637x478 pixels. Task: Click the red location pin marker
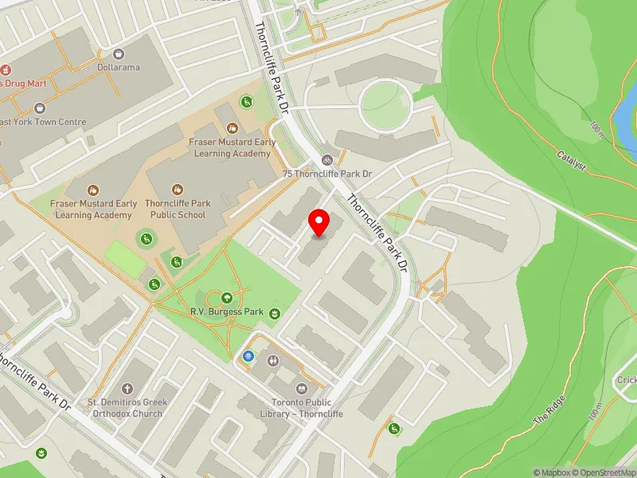[x=319, y=222]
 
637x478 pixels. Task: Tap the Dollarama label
[x=119, y=67]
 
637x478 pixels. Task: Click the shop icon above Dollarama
[x=119, y=53]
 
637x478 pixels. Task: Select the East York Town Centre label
[x=44, y=122]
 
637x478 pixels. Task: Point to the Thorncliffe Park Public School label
[x=175, y=209]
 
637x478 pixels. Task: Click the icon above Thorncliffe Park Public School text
[x=177, y=190]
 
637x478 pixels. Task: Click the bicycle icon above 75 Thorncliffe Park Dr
[x=327, y=159]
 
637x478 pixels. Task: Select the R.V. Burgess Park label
[x=226, y=311]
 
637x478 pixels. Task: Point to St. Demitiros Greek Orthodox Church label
[x=127, y=408]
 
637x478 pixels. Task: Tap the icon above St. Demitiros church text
[x=127, y=387]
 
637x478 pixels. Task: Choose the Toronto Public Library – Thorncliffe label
[x=301, y=409]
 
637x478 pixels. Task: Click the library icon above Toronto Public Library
[x=301, y=389]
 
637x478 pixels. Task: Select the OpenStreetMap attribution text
[x=606, y=472]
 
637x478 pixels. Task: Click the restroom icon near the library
[x=273, y=361]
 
